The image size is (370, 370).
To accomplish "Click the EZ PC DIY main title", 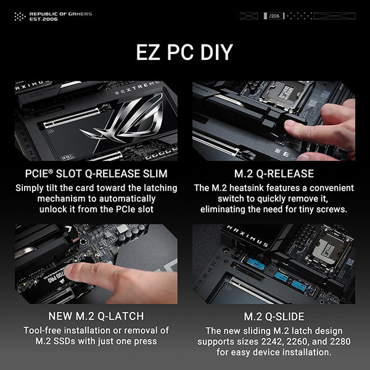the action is (x=184, y=52).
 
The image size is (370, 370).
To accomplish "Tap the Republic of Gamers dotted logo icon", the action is (x=20, y=17).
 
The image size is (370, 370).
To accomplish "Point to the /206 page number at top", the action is (x=274, y=16).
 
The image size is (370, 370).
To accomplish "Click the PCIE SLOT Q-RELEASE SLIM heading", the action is (x=96, y=174).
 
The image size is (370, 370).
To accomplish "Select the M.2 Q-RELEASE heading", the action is (x=274, y=174).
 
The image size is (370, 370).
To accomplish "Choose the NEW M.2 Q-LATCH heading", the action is (x=96, y=316).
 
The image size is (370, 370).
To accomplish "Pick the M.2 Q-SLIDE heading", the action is (x=274, y=316).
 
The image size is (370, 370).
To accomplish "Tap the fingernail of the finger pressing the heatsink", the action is (x=290, y=123).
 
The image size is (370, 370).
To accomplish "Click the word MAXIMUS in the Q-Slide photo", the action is (x=247, y=236).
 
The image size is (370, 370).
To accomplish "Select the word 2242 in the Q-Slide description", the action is (x=272, y=342).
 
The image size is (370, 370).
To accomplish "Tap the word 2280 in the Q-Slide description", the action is (x=340, y=342).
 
